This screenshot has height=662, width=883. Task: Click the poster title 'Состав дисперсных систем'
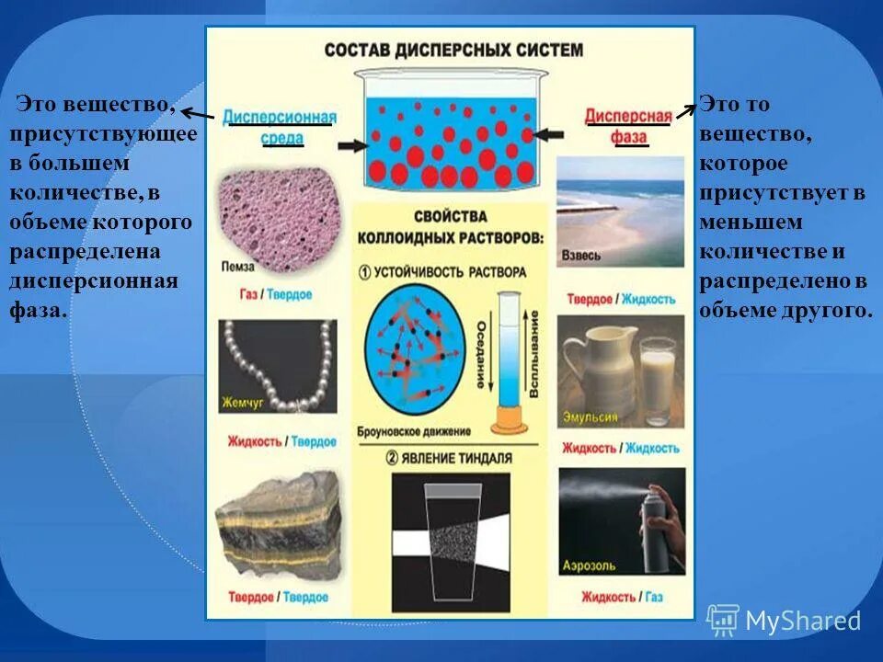tap(453, 49)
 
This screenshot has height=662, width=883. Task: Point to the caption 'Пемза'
tap(237, 267)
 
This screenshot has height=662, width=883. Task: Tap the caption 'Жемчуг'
tap(242, 403)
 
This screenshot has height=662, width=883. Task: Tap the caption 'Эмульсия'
tap(591, 416)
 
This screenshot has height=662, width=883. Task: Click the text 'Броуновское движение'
tap(418, 430)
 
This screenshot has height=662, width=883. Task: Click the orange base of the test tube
tap(506, 425)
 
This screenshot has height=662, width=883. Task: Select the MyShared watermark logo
tap(784, 621)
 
